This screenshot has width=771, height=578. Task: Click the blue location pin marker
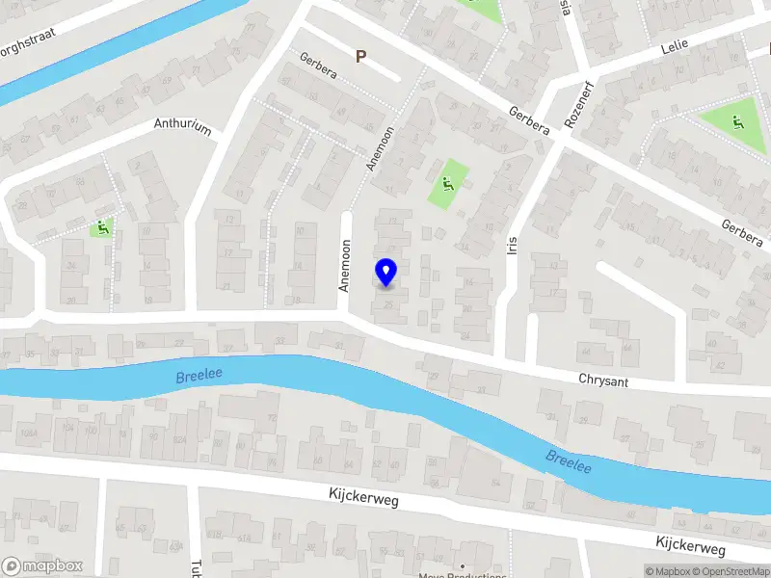coord(385,273)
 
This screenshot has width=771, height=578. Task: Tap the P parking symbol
coord(360,57)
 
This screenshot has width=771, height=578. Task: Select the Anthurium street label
coord(182,127)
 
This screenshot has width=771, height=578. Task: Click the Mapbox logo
coord(42,566)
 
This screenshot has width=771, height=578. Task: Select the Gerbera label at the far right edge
coord(742,232)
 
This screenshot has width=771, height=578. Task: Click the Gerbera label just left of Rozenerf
coord(529,120)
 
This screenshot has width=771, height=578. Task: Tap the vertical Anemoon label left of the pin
coord(344,266)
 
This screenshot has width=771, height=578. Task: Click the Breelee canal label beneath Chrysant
coord(569,460)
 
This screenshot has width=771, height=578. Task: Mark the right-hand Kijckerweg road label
coord(690,545)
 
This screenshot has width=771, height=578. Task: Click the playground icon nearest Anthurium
coord(99,228)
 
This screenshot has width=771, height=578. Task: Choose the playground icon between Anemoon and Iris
coord(447,181)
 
